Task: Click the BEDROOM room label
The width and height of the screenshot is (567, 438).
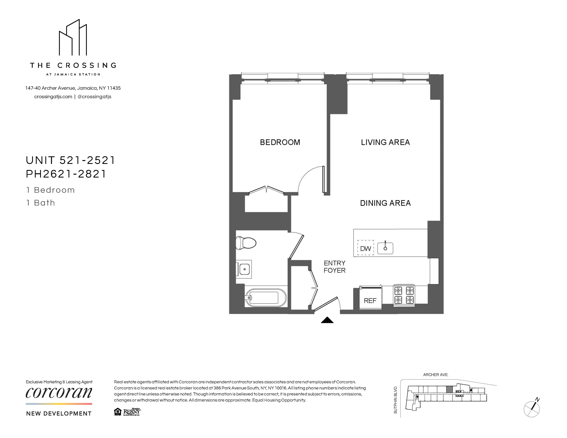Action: point(280,142)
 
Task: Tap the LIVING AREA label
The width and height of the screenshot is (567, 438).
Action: point(385,142)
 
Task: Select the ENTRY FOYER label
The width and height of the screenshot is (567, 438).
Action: point(334,267)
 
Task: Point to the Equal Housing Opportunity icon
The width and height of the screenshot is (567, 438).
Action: point(118,412)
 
